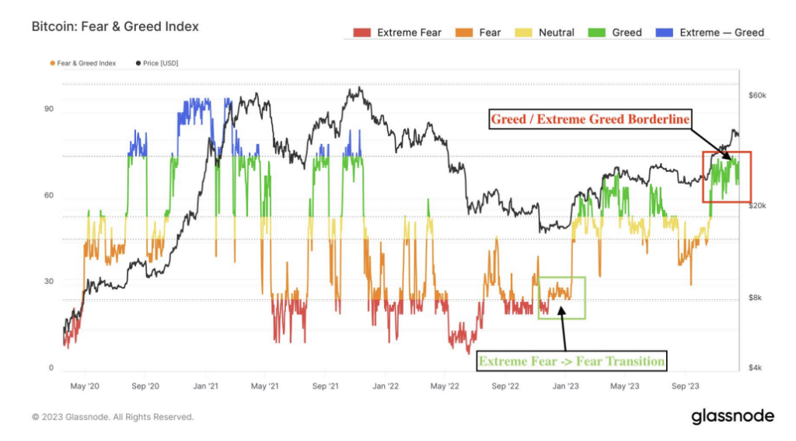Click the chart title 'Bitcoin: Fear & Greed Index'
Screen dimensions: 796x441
[x=115, y=26]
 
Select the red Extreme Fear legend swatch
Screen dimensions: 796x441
[x=362, y=33]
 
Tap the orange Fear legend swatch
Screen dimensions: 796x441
[x=464, y=33]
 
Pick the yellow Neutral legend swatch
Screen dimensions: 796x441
[x=523, y=33]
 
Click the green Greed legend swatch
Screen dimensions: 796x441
[x=596, y=33]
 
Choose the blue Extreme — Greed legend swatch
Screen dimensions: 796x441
[x=665, y=33]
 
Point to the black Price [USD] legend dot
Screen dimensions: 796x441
[x=138, y=64]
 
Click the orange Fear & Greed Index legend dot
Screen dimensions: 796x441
[x=52, y=64]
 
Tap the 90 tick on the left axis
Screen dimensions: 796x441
[x=49, y=109]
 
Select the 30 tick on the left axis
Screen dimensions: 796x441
[x=49, y=281]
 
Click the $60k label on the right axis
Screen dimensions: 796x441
[x=757, y=96]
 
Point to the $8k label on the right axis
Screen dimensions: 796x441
[x=755, y=298]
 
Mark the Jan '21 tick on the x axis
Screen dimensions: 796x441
[x=205, y=386]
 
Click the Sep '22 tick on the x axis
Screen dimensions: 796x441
[x=505, y=386]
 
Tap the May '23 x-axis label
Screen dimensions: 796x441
[x=624, y=386]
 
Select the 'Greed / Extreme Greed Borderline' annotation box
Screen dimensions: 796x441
[x=590, y=119]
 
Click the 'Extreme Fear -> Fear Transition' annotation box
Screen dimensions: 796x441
[x=571, y=361]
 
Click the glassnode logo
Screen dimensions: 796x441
[x=732, y=416]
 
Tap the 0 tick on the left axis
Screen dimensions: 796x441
[x=51, y=368]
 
